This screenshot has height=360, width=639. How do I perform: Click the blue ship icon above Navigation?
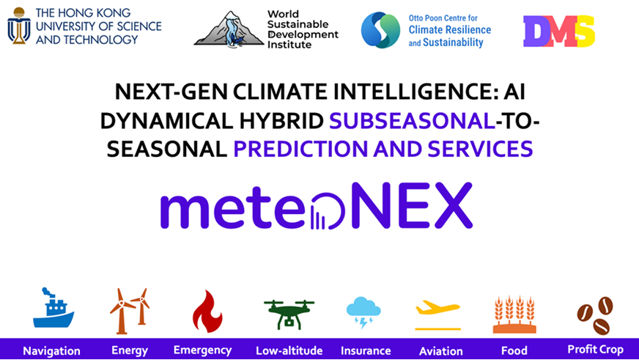[x=53, y=308]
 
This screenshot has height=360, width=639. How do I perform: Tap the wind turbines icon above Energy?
[x=130, y=311]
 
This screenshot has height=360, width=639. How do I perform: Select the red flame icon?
[x=207, y=311]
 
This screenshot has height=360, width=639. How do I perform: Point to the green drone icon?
[x=289, y=315]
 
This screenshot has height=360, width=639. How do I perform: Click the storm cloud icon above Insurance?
[x=363, y=312]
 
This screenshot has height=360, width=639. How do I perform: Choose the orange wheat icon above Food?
[x=514, y=315]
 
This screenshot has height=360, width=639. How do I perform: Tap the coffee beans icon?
[x=595, y=315]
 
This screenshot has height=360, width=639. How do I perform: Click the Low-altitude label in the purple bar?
[x=289, y=350]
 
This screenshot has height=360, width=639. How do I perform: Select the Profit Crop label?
[x=595, y=350]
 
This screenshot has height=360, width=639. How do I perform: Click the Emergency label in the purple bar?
[x=202, y=350]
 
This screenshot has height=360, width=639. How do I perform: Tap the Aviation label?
[x=441, y=351]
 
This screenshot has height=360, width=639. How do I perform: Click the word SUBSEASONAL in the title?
[x=412, y=121]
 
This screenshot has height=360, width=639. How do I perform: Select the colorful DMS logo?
[x=558, y=31]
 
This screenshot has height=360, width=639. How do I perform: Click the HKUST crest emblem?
[x=19, y=25]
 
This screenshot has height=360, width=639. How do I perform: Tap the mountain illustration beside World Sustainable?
[x=229, y=29]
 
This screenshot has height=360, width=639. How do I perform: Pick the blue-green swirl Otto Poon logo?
[x=380, y=30]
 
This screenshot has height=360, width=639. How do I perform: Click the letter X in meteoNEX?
[x=452, y=205]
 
